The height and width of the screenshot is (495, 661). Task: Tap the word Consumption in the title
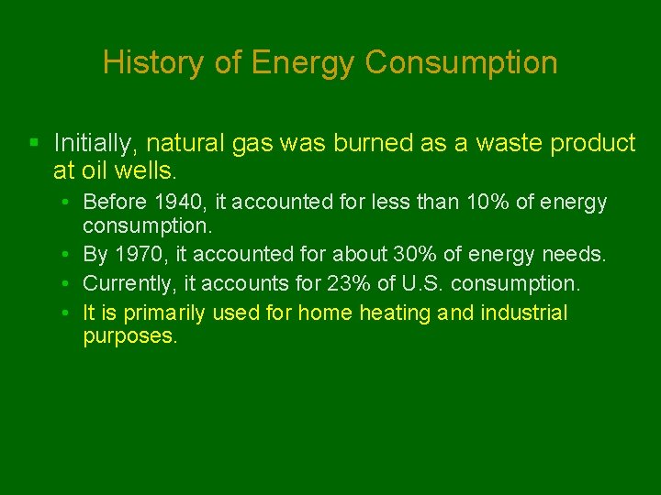tap(461, 62)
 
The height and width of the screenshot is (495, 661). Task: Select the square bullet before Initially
tap(34, 143)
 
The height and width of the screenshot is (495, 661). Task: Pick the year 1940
tap(180, 202)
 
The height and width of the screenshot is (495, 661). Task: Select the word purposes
tap(129, 335)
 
